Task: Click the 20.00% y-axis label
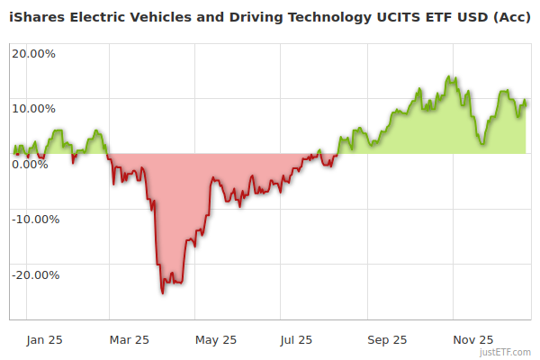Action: pyautogui.click(x=33, y=53)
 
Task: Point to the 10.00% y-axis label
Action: pyautogui.click(x=33, y=109)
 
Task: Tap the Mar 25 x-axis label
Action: pyautogui.click(x=129, y=340)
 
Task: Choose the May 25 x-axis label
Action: pyautogui.click(x=215, y=340)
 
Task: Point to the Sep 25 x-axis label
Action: pyautogui.click(x=387, y=340)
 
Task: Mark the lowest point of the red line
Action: pyautogui.click(x=163, y=292)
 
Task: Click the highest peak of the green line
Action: pyautogui.click(x=447, y=77)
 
